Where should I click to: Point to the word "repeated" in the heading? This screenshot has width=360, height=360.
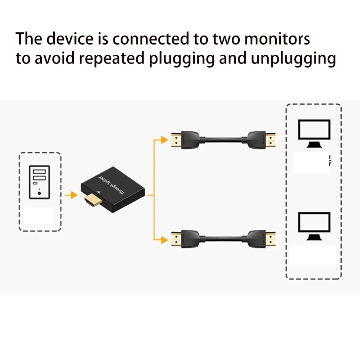click(119, 59)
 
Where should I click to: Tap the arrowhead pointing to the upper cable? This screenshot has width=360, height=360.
click(165, 140)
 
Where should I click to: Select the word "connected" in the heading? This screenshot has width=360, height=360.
click(152, 39)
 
